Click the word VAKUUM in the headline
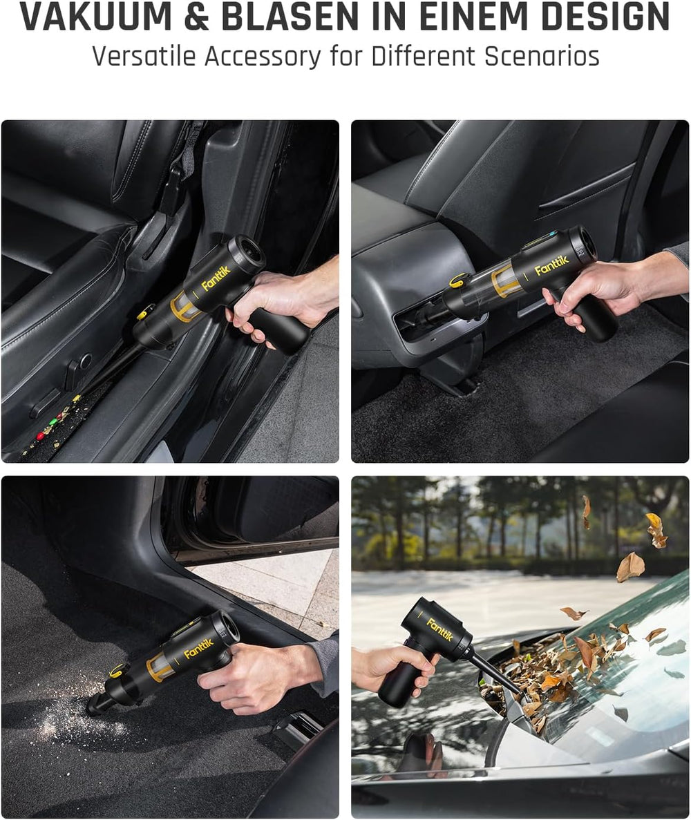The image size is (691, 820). click(x=96, y=17)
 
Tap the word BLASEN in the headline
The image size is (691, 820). click(x=290, y=17)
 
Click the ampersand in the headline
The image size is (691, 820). click(x=197, y=17)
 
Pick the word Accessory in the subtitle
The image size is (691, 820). click(x=263, y=57)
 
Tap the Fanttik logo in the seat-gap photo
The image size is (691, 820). click(x=216, y=278)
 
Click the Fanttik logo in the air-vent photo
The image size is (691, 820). click(x=551, y=266)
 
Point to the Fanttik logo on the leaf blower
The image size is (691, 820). click(x=439, y=629)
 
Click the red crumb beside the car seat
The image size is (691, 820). click(x=40, y=436)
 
